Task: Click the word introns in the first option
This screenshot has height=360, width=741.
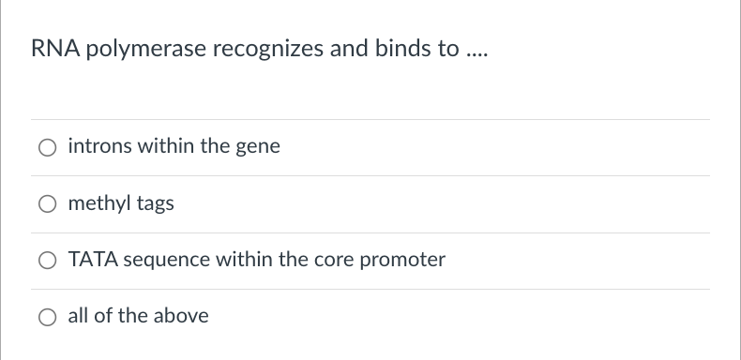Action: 98,147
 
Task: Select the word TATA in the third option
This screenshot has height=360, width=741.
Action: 91,260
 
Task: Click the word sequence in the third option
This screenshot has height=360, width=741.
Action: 166,261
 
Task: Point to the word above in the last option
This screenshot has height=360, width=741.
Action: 180,316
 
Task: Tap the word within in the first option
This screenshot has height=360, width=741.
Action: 162,147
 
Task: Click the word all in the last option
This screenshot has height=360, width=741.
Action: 79,316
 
